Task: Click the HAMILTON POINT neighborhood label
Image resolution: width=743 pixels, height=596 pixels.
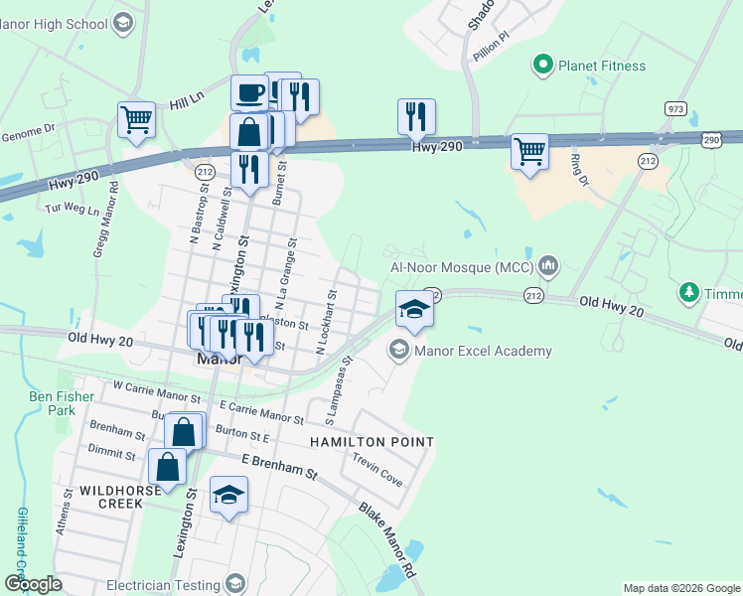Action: click(x=371, y=441)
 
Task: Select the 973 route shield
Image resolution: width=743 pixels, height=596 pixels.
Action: click(x=675, y=108)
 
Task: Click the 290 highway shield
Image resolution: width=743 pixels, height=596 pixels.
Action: click(x=711, y=141)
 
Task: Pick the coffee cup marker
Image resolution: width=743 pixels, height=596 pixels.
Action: click(x=249, y=94)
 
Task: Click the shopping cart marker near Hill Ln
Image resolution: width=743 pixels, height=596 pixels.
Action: click(x=136, y=120)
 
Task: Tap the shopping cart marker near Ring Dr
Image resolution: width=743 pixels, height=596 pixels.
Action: click(x=529, y=153)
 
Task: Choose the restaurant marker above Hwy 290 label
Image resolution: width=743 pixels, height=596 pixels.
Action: click(x=416, y=117)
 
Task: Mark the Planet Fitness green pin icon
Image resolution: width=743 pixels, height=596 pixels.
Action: click(x=542, y=67)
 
